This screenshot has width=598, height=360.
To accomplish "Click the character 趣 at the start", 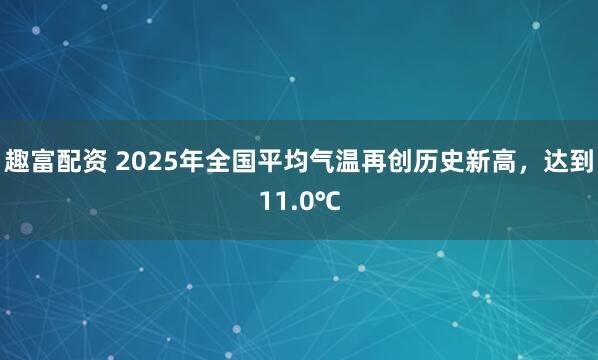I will point(17,160).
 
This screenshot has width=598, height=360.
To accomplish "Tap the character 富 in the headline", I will point(43,160).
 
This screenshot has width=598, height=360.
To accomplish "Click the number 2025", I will point(147,160).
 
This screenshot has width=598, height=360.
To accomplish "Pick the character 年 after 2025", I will point(190,160).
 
